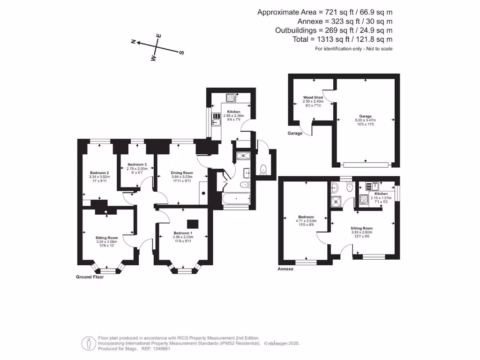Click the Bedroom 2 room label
99,173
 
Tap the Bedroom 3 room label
137,165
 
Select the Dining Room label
182,173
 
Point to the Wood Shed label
313,97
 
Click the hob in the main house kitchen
231,98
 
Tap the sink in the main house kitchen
216,120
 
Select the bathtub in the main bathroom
236,199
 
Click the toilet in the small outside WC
263,170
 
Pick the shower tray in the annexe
337,202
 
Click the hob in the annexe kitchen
364,200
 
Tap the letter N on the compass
134,42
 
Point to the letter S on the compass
181,52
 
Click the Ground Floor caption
90,277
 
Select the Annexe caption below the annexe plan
285,269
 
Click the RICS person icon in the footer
89,343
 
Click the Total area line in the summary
342,39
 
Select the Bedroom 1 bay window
184,268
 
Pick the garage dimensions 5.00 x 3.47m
365,120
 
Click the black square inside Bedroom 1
193,224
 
